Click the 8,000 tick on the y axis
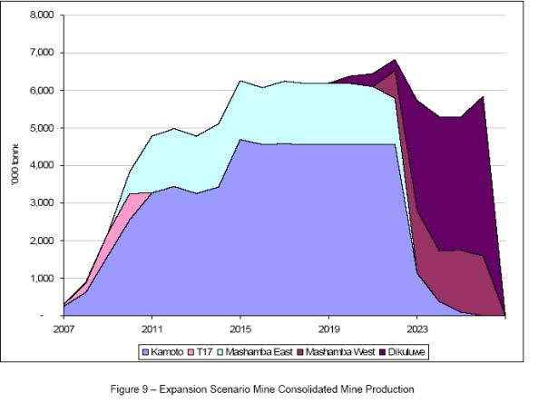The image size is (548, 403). pos(43,15)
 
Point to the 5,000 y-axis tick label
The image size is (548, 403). pos(43,128)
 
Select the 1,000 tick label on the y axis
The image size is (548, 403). pos(43,278)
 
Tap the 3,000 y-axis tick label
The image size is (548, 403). pos(43,203)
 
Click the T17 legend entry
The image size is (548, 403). pos(214,350)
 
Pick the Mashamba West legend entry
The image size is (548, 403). pos(345,350)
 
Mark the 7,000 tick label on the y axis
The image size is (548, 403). pos(43,53)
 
